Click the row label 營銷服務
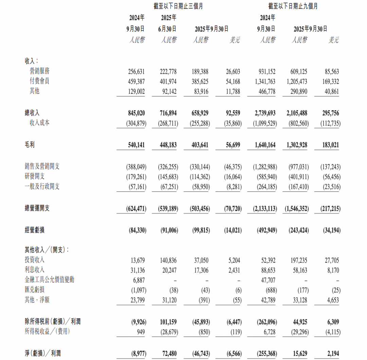tap(39, 71)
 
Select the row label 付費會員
tap(39, 82)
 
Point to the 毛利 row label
tap(30, 145)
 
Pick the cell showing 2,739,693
tap(263, 113)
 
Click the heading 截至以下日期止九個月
tap(293, 6)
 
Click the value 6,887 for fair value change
tap(139, 280)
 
